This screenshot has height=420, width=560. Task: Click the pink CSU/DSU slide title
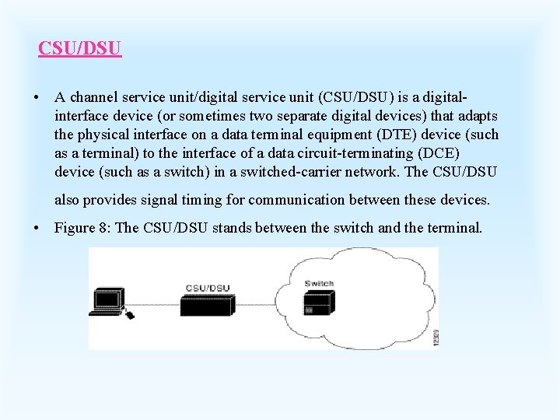point(80,48)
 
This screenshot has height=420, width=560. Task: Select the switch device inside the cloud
point(319,303)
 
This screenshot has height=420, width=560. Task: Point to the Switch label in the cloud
point(319,284)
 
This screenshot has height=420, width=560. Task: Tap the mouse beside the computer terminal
point(129,314)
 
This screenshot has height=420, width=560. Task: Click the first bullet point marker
point(37,99)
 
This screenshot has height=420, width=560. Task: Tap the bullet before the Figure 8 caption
point(37,229)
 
